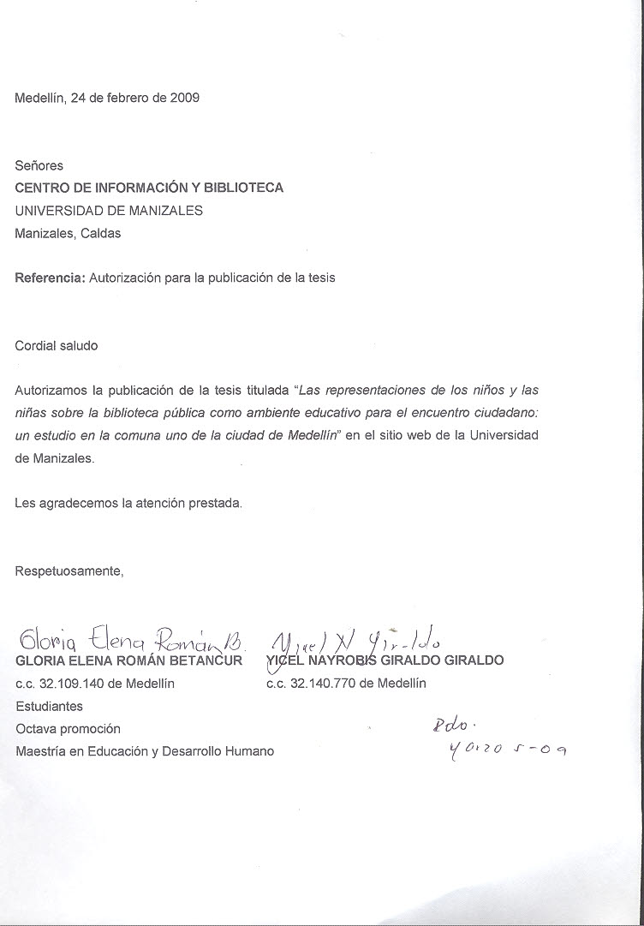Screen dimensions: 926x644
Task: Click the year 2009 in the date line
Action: (185, 98)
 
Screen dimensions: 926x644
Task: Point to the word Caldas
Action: (101, 233)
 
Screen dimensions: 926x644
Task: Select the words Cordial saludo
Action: (57, 346)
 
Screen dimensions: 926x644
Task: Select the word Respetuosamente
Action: (69, 571)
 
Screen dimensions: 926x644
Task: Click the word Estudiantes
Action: (50, 707)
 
